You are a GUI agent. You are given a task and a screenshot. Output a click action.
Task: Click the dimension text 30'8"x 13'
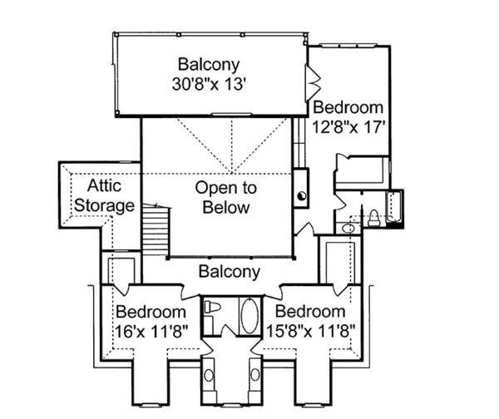209,85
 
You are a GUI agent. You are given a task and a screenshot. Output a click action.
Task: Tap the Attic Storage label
104,195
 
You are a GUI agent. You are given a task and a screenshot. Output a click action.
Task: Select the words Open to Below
225,198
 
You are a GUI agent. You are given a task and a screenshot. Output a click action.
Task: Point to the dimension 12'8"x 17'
348,127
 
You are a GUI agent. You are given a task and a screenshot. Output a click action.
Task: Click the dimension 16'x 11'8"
151,332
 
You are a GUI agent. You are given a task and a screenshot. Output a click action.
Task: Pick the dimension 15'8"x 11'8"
310,331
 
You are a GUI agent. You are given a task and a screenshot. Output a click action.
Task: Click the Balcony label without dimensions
230,271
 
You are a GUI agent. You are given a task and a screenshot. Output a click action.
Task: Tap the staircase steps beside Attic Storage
156,229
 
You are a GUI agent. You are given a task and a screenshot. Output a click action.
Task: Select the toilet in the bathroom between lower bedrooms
213,307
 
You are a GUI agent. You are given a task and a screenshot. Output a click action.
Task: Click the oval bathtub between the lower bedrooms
250,316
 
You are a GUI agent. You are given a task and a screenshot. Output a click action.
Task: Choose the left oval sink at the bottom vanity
209,375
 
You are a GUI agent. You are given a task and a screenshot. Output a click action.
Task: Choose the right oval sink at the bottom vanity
255,374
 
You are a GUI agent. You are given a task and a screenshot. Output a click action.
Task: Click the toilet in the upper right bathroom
373,218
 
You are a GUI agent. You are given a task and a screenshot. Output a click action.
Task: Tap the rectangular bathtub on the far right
394,207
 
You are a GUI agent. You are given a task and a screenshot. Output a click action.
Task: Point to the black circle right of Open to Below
302,195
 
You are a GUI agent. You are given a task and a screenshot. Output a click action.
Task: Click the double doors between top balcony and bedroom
313,83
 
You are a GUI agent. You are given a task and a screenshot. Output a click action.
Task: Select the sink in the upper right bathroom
349,229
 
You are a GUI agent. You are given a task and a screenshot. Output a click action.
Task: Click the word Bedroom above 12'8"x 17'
348,107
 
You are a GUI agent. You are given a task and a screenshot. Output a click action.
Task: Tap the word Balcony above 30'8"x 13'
209,65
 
